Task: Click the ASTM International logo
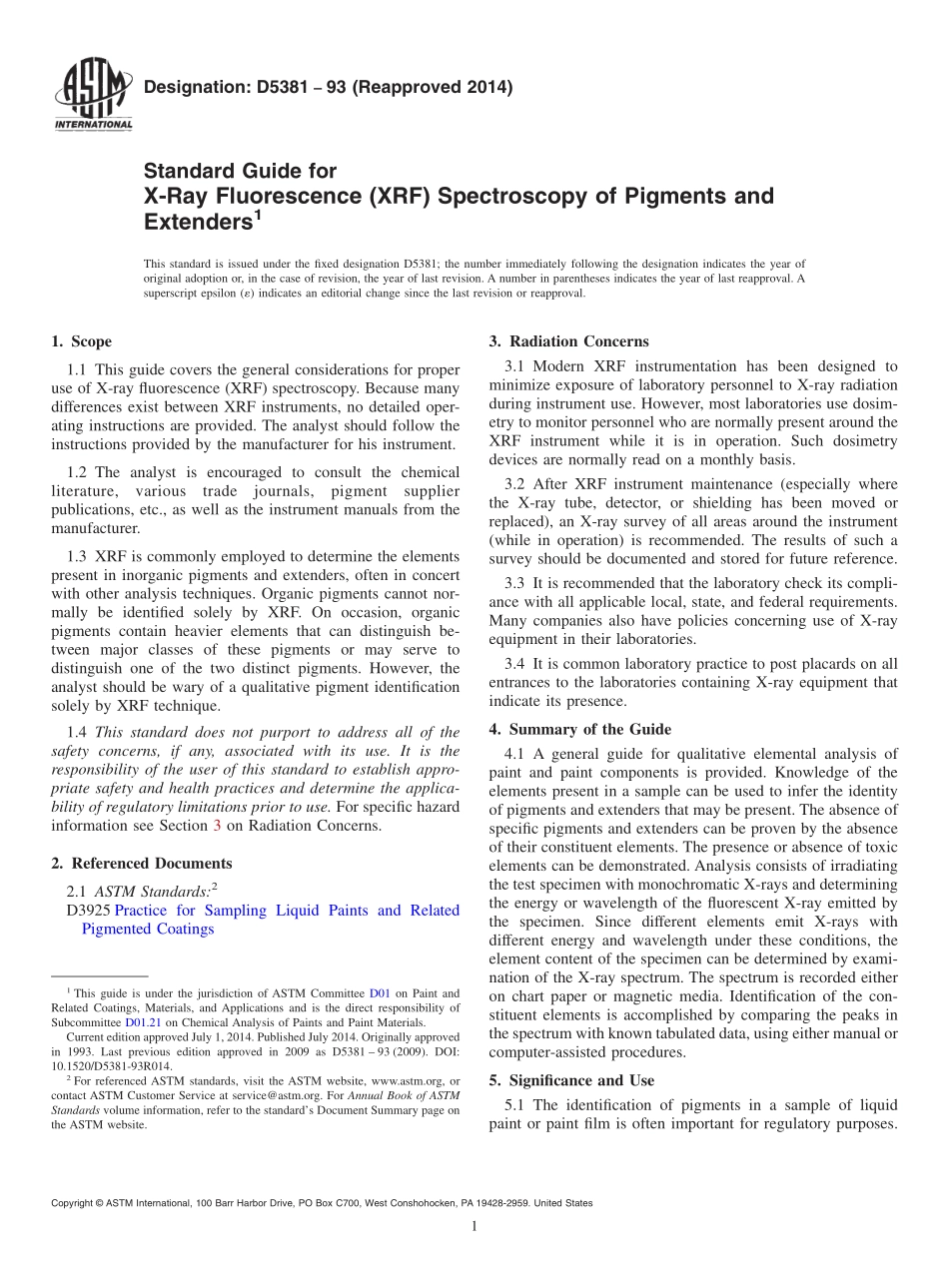pos(91,97)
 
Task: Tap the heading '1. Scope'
pos(81,341)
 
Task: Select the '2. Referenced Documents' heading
pos(141,864)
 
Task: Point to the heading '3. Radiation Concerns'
pos(568,341)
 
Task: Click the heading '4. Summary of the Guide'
pos(579,729)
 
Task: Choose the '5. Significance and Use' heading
pos(571,1080)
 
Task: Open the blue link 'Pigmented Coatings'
pos(148,929)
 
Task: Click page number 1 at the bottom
pos(474,1227)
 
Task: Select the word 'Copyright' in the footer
pos(75,1203)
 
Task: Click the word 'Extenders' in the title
pos(198,221)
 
